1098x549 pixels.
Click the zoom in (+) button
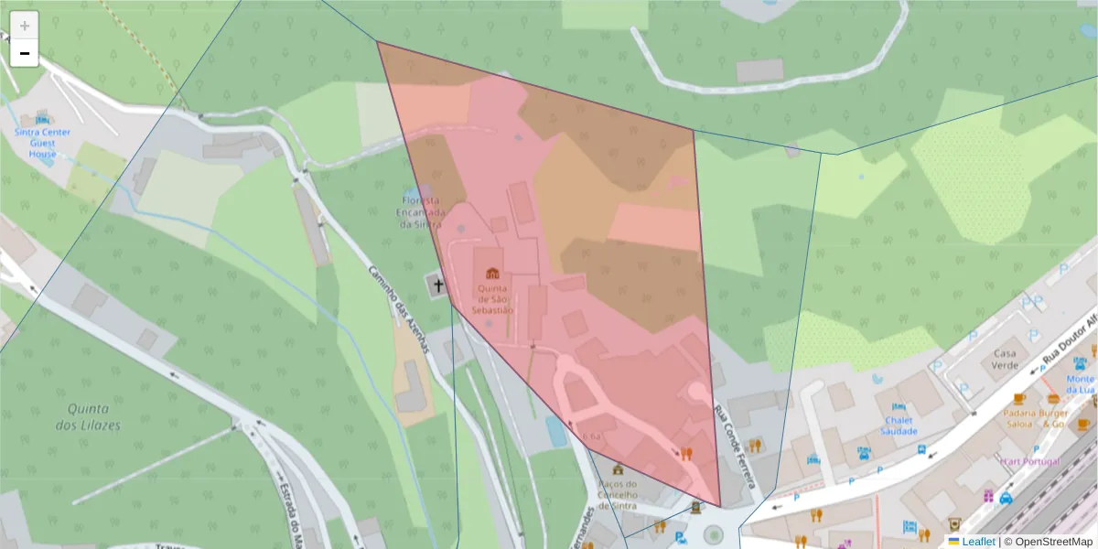tap(24, 26)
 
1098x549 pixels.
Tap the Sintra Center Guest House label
tap(42, 143)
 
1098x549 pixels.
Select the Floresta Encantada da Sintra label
tap(419, 212)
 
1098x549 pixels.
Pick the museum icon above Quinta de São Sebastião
tap(492, 273)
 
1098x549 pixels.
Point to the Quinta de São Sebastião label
tap(492, 299)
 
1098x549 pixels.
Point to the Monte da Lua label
tap(1080, 384)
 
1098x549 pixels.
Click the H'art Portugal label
tap(1029, 461)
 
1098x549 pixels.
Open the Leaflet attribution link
tap(978, 542)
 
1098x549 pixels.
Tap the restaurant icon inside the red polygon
tap(686, 452)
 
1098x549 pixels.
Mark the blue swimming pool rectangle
tap(556, 431)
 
